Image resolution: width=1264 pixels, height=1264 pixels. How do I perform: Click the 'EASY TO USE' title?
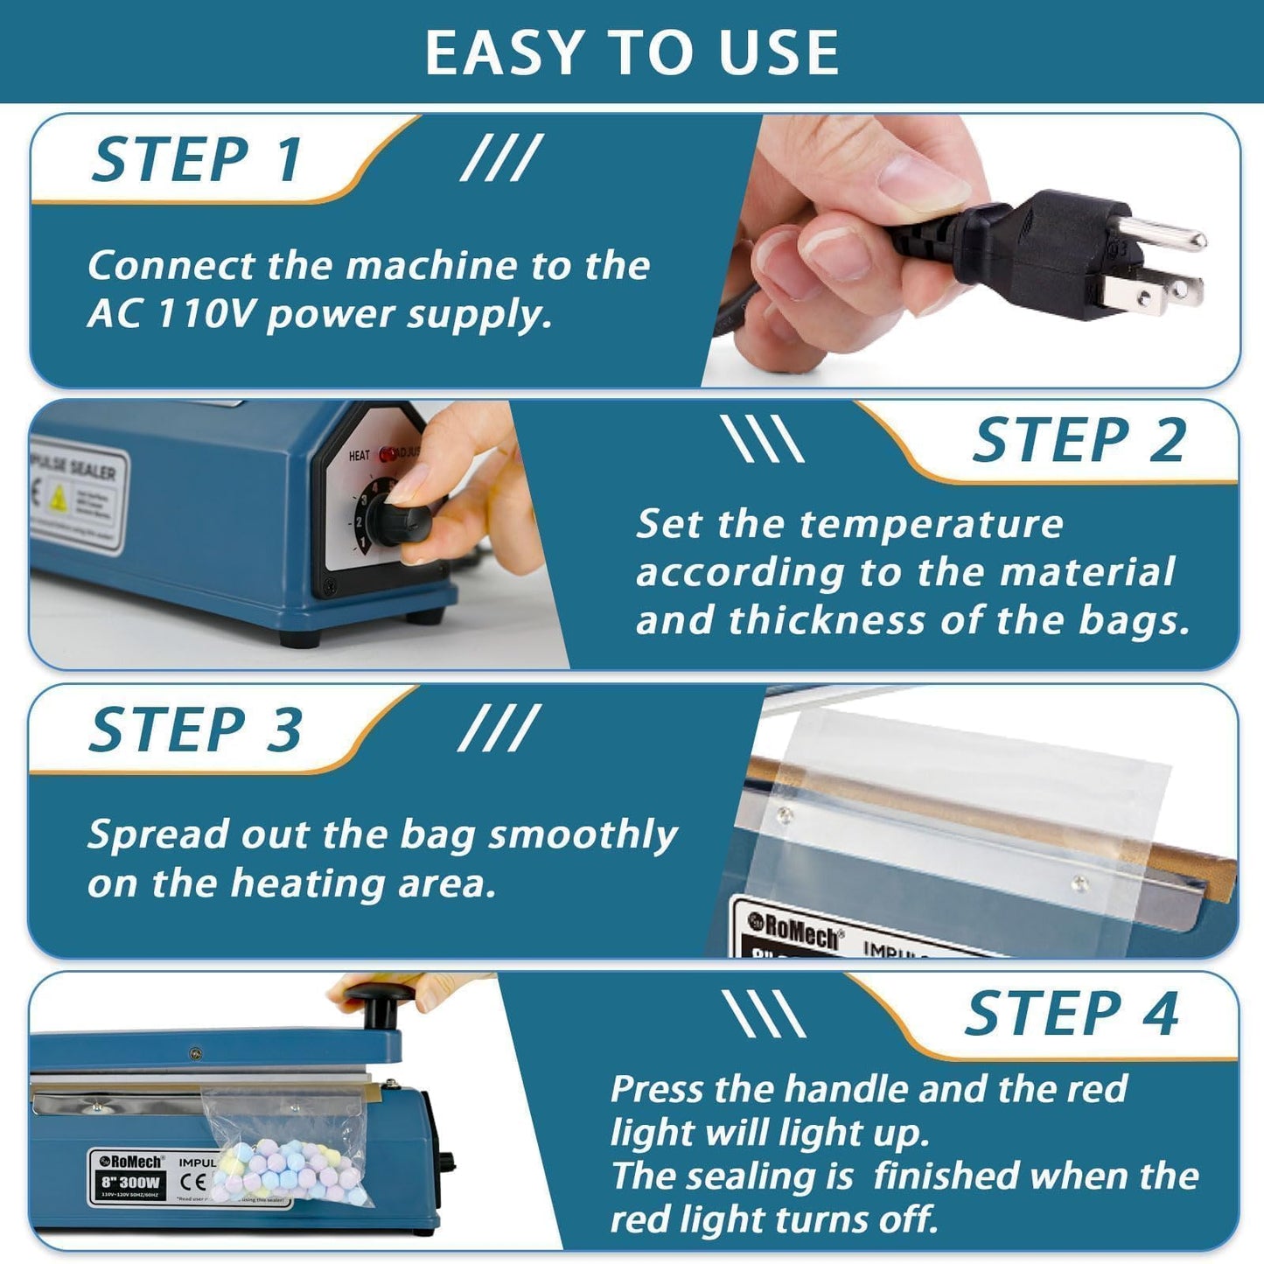[x=632, y=52]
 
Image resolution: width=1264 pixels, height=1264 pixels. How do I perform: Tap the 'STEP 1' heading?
[x=198, y=160]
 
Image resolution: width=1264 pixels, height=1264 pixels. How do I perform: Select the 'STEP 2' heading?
[x=1079, y=440]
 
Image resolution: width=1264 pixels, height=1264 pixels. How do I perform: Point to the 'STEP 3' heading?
[x=196, y=730]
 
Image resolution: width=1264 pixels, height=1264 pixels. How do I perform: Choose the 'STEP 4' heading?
[x=1072, y=1014]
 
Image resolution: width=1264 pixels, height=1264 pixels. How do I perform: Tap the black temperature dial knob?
[x=403, y=521]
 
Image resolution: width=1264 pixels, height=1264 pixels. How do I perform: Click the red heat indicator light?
[x=387, y=455]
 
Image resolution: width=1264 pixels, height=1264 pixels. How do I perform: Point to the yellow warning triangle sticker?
[x=58, y=499]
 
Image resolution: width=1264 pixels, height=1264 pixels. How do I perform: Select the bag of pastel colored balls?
[x=292, y=1168]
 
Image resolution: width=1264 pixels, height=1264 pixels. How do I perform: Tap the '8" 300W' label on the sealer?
[x=130, y=1182]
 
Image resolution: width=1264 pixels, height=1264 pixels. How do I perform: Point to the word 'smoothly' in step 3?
[x=583, y=835]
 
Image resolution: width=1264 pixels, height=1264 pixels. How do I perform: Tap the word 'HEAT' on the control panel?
[x=359, y=456]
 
